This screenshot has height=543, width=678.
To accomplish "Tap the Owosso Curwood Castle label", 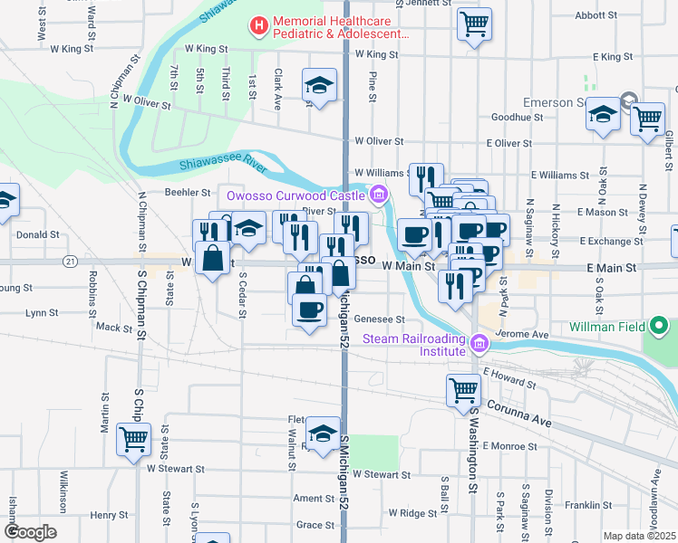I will tap(296, 195).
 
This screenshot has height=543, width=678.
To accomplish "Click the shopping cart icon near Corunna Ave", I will tap(463, 390).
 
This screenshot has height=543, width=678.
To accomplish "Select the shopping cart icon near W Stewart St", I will tap(134, 440).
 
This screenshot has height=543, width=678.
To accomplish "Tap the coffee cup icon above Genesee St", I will tap(309, 311).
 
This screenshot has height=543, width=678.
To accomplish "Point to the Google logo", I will tap(31, 531).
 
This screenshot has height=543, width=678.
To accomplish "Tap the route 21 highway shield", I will tap(70, 261).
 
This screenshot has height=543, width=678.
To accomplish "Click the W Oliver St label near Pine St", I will tap(379, 141).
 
